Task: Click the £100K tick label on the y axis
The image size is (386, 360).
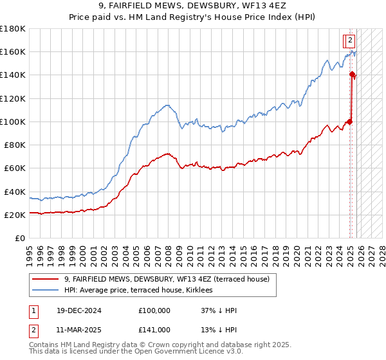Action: click(12, 122)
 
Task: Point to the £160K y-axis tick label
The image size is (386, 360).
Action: click(12, 51)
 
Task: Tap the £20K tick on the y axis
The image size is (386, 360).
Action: click(14, 215)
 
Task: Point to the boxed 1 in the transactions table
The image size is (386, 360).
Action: click(33, 310)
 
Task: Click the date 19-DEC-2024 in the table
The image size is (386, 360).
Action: click(75, 310)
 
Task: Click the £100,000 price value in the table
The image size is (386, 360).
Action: click(154, 310)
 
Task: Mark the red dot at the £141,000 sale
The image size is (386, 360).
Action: click(352, 75)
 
